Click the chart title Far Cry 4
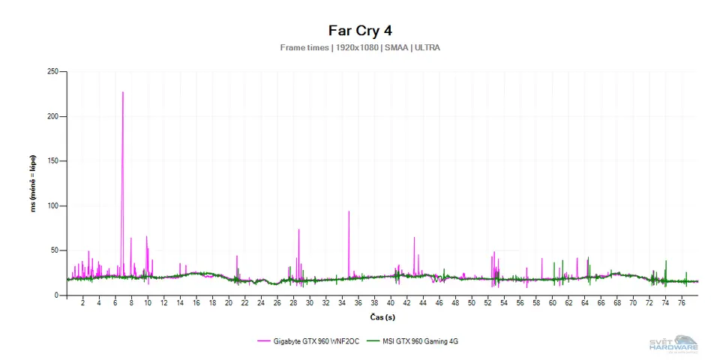360,31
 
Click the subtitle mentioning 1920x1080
360,47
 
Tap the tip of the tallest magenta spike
123,92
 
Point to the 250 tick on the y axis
52,72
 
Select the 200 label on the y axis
52,116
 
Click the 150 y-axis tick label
52,161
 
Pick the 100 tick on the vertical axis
52,205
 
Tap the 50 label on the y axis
55,250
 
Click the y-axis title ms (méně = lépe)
33,184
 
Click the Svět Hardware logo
673,343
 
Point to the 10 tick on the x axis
148,304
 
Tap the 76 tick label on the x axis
682,304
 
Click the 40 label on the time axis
390,304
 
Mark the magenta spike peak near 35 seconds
349,211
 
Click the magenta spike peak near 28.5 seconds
298,229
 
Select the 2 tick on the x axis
82,304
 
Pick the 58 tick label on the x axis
536,304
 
